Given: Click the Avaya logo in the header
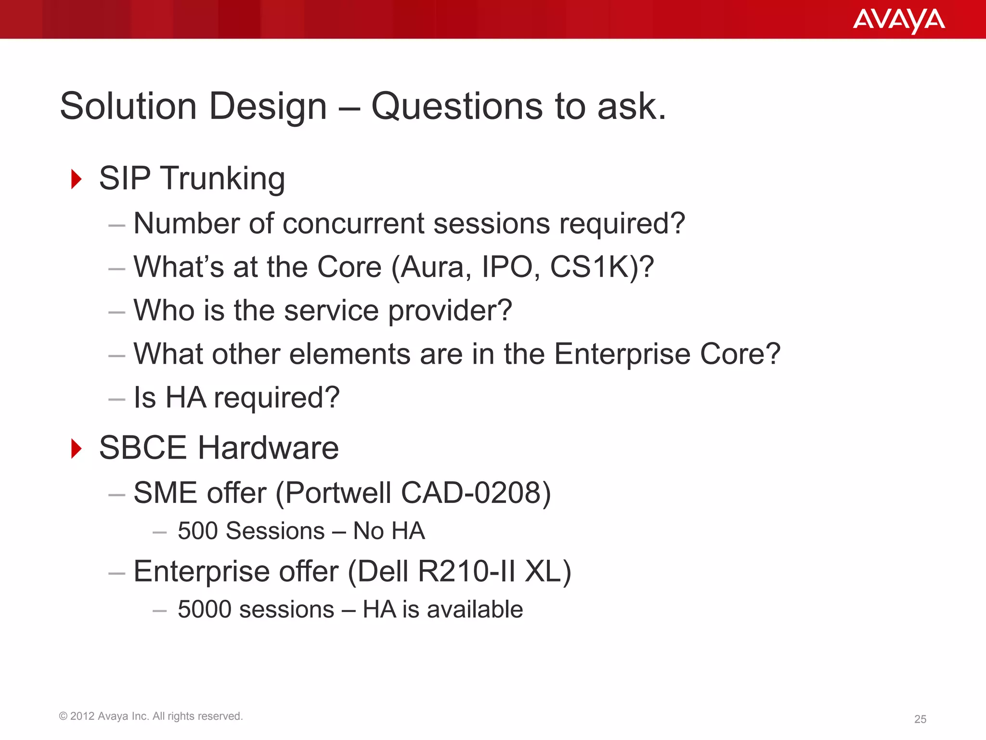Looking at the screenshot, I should pyautogui.click(x=898, y=20).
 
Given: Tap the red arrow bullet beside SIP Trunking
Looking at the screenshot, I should pyautogui.click(x=76, y=179).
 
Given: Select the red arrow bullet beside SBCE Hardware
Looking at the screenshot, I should pyautogui.click(x=76, y=448).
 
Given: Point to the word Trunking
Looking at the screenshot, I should pyautogui.click(x=222, y=179).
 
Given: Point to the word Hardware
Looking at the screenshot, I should pyautogui.click(x=268, y=448).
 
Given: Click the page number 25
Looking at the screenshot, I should pyautogui.click(x=920, y=719).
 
